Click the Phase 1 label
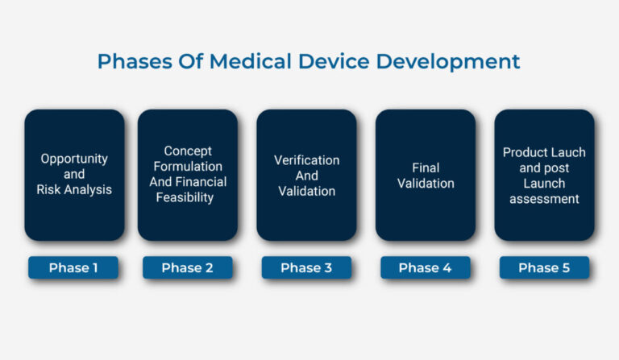tap(73, 268)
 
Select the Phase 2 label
tap(187, 268)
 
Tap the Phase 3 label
tap(306, 268)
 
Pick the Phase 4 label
tap(425, 268)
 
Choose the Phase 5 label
tap(544, 268)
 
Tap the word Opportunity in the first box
tap(74, 159)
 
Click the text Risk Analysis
tap(74, 190)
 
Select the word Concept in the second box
tap(188, 151)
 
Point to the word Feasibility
tap(188, 197)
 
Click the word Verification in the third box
tap(306, 159)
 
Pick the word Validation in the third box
tap(306, 191)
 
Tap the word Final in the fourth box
tap(426, 168)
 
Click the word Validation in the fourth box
tap(426, 183)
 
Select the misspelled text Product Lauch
tap(544, 152)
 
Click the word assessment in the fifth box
tap(544, 199)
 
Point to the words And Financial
tap(188, 182)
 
